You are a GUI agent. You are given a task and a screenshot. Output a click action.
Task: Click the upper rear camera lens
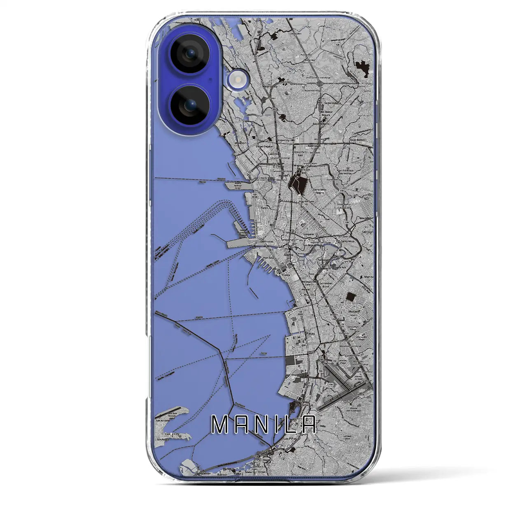[x=191, y=53]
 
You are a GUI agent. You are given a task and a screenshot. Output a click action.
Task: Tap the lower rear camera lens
[x=191, y=105]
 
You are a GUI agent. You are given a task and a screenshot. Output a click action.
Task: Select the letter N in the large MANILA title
[x=261, y=424]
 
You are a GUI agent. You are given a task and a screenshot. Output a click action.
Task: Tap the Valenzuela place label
[x=271, y=87]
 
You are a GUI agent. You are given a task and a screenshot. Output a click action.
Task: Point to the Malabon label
[x=240, y=143]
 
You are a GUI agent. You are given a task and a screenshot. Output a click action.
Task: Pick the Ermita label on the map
[x=286, y=275]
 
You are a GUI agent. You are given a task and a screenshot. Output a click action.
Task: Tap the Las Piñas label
[x=289, y=439]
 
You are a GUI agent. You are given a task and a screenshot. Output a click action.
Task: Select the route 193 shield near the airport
[x=321, y=371]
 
